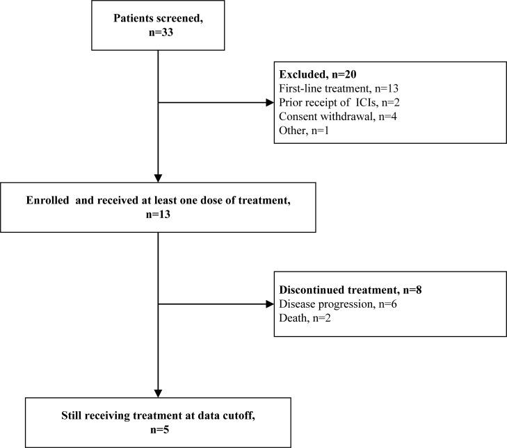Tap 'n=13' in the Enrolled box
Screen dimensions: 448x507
click(159, 215)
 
